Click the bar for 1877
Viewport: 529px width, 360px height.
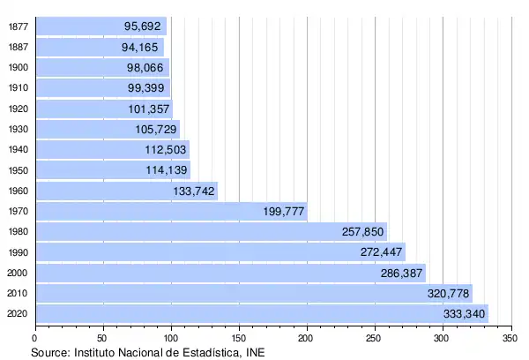click(100, 26)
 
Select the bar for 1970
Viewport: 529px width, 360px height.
click(171, 211)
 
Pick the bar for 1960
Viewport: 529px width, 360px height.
click(126, 191)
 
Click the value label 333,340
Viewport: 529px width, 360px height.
click(463, 314)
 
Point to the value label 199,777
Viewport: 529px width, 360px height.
click(283, 211)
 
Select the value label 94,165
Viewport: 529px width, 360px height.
click(142, 47)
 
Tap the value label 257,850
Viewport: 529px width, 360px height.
click(363, 232)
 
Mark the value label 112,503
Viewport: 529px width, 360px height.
click(165, 149)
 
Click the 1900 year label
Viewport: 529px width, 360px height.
click(18, 67)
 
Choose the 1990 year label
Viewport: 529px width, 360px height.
click(18, 252)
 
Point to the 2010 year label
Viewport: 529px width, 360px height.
click(18, 294)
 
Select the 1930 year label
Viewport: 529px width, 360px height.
click(18, 129)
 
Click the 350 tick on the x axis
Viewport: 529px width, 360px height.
click(510, 337)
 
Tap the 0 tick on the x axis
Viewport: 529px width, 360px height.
click(34, 337)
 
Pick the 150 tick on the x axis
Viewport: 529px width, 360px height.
click(238, 337)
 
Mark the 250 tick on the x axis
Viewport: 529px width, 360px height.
click(374, 337)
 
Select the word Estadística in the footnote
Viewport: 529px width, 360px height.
click(204, 351)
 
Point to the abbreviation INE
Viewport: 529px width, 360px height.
click(253, 351)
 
